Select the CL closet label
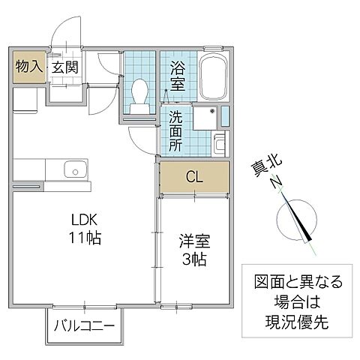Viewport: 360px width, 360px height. (193, 178)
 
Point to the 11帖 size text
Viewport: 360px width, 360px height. (85, 239)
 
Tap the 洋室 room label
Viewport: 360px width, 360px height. (193, 243)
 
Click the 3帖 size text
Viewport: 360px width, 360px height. (193, 260)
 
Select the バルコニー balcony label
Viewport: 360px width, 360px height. (84, 327)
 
